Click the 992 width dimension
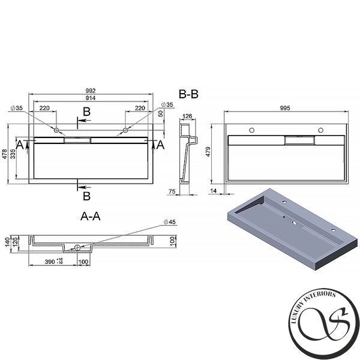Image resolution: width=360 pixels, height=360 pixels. point(91,91)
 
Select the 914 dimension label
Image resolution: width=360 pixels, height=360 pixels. point(91,98)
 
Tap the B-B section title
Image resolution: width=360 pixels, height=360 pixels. point(188,94)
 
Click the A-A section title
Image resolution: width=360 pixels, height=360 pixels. point(91,216)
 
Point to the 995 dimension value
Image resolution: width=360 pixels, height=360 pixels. point(285,108)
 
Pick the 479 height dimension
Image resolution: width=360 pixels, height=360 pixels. point(208,152)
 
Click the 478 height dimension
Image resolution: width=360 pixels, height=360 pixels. point(5,154)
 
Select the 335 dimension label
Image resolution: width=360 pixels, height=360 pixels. point(13,154)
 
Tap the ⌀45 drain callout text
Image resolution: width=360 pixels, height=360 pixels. point(170,222)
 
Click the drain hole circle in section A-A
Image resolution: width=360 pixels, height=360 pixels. point(77,247)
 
